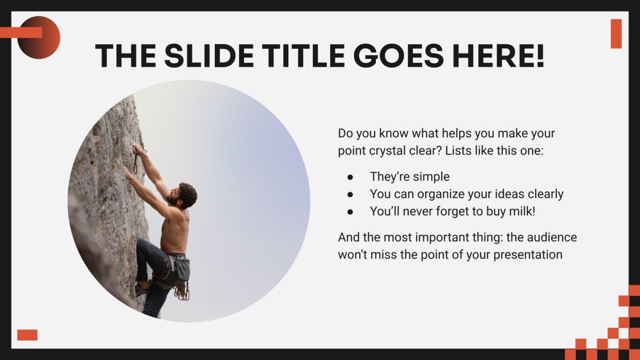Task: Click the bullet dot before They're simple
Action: tap(351, 177)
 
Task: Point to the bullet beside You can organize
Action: tap(351, 194)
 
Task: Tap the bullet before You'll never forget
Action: tap(351, 211)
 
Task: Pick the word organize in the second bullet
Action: tap(441, 194)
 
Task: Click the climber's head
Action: tap(187, 194)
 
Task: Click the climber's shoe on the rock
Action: tap(142, 289)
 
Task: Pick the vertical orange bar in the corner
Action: tap(616, 33)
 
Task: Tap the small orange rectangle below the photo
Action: tap(27, 335)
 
